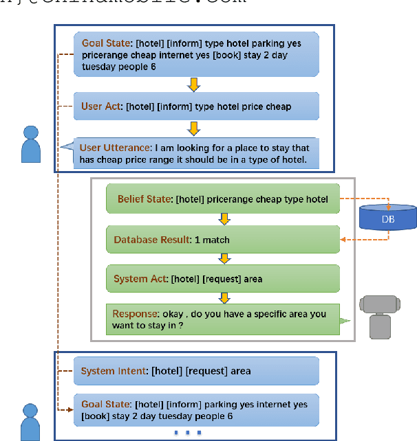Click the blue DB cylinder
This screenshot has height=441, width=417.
388,218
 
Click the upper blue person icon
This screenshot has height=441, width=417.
30,144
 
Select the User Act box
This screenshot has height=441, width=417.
196,106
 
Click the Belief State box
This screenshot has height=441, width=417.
223,199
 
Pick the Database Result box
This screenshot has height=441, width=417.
223,240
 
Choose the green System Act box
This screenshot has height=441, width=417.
223,279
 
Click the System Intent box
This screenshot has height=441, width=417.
196,371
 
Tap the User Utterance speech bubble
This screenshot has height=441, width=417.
196,154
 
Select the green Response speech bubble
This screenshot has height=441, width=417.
223,319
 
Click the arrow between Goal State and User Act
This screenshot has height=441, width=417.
194,84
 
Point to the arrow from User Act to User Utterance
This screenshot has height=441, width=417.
194,128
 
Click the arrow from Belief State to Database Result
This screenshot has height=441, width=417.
224,219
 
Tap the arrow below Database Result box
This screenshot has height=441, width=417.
224,258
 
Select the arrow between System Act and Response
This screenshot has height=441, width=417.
224,297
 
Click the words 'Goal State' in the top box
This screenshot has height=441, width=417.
105,43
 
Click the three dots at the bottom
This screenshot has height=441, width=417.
188,433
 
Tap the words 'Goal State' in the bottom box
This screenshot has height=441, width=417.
105,405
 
